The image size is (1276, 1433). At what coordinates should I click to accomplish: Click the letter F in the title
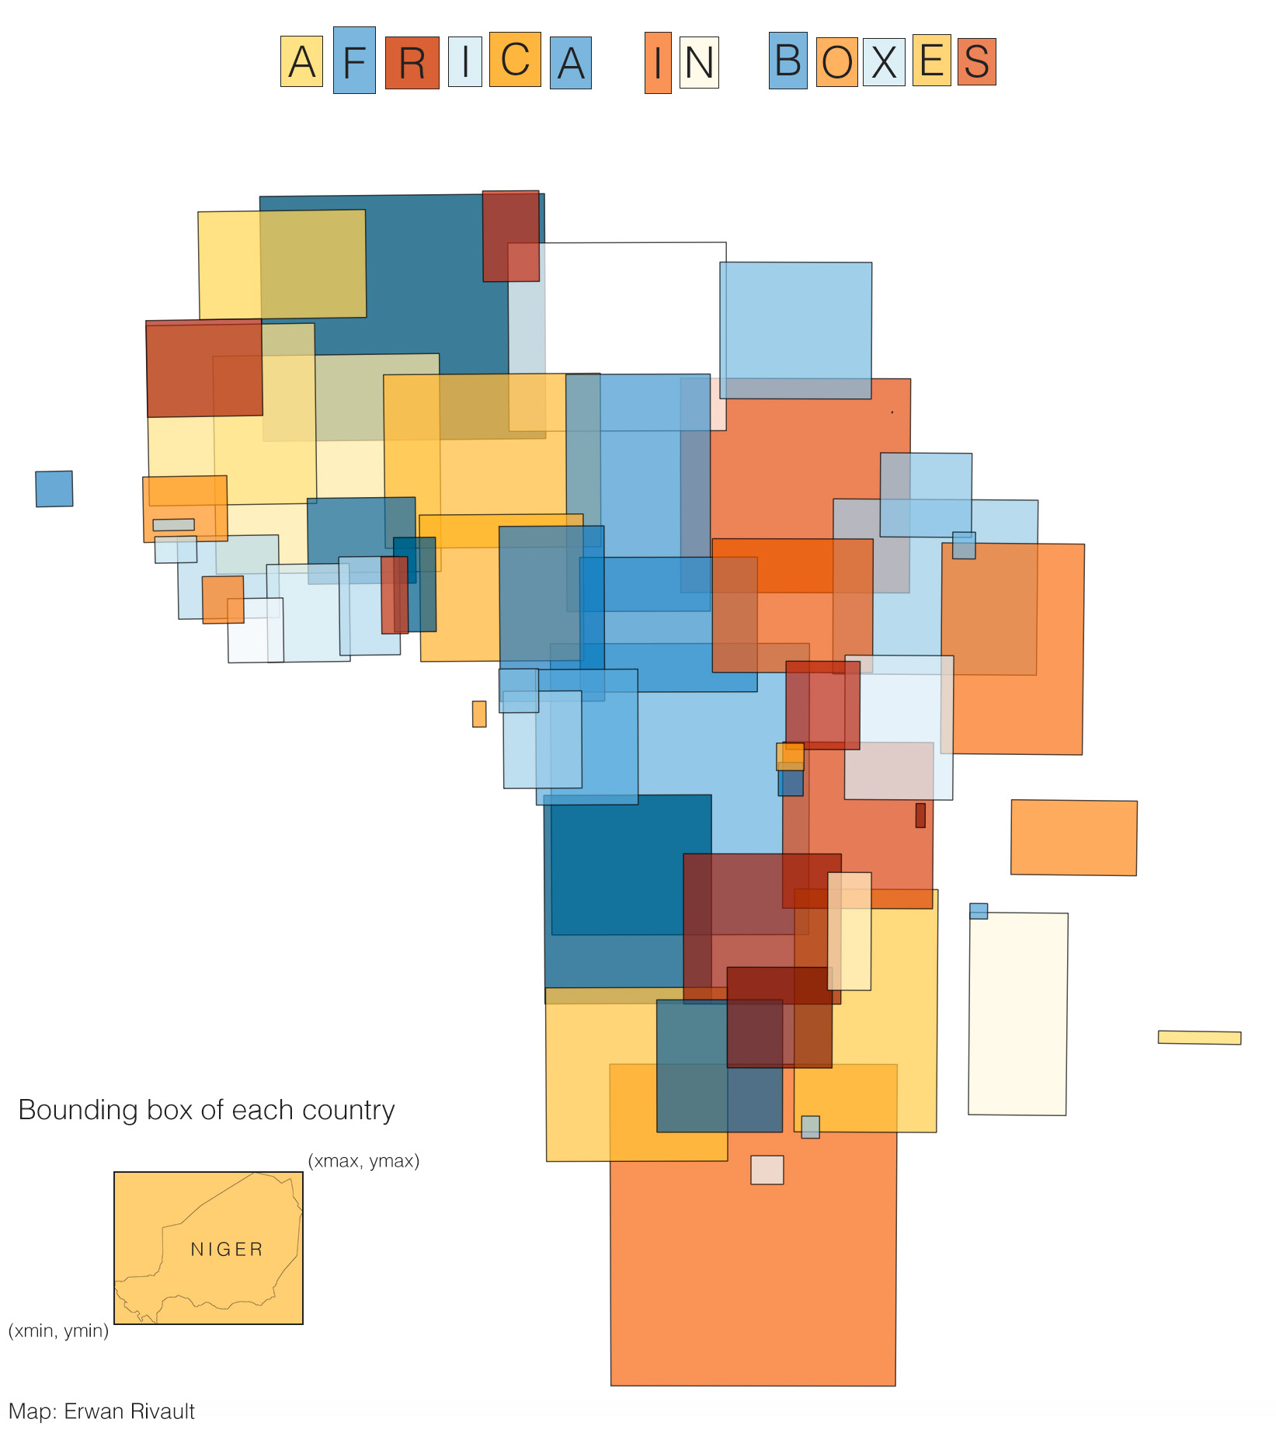[x=354, y=61]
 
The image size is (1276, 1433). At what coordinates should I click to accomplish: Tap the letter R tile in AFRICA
[x=412, y=62]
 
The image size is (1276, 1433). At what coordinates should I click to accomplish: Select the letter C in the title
[x=515, y=59]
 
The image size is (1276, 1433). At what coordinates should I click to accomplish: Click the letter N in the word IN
[x=699, y=62]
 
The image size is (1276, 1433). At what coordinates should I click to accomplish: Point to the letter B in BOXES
[x=788, y=60]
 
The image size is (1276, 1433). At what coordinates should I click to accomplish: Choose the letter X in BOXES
[x=884, y=62]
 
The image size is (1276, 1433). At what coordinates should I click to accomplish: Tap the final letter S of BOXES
[x=976, y=61]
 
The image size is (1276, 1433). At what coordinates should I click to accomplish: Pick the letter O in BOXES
[x=836, y=62]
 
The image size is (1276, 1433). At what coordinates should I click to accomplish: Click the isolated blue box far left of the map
[x=54, y=489]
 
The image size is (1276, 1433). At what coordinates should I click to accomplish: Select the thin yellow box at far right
[x=1199, y=1037]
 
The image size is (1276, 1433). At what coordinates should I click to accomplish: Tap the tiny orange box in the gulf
[x=479, y=714]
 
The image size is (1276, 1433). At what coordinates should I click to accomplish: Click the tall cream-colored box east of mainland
[x=1017, y=1014]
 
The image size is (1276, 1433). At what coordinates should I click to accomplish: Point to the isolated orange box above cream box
[x=1073, y=837]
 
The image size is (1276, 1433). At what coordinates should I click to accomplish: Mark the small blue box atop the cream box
[x=979, y=910]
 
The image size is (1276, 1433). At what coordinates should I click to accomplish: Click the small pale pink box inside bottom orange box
[x=767, y=1170]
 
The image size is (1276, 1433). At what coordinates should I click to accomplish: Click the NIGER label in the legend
[x=227, y=1249]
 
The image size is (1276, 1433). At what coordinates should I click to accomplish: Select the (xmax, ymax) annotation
[x=363, y=1160]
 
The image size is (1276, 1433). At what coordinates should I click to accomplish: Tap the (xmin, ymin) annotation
[x=58, y=1330]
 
